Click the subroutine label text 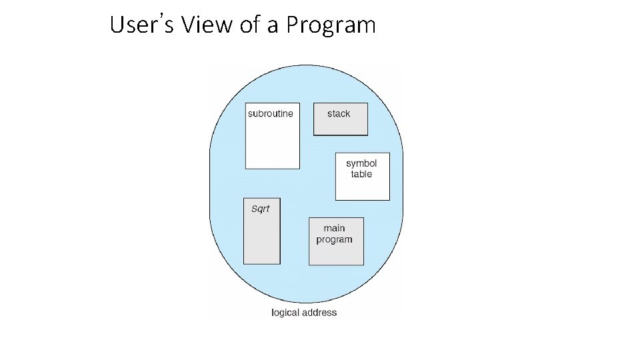(270, 114)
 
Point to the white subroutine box (272, 143)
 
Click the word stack (339, 114)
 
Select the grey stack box (340, 124)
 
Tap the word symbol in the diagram (361, 163)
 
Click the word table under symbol (361, 175)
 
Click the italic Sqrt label (260, 209)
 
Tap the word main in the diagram (335, 229)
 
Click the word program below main (335, 240)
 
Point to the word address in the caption (321, 313)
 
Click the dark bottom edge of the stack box (340, 135)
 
